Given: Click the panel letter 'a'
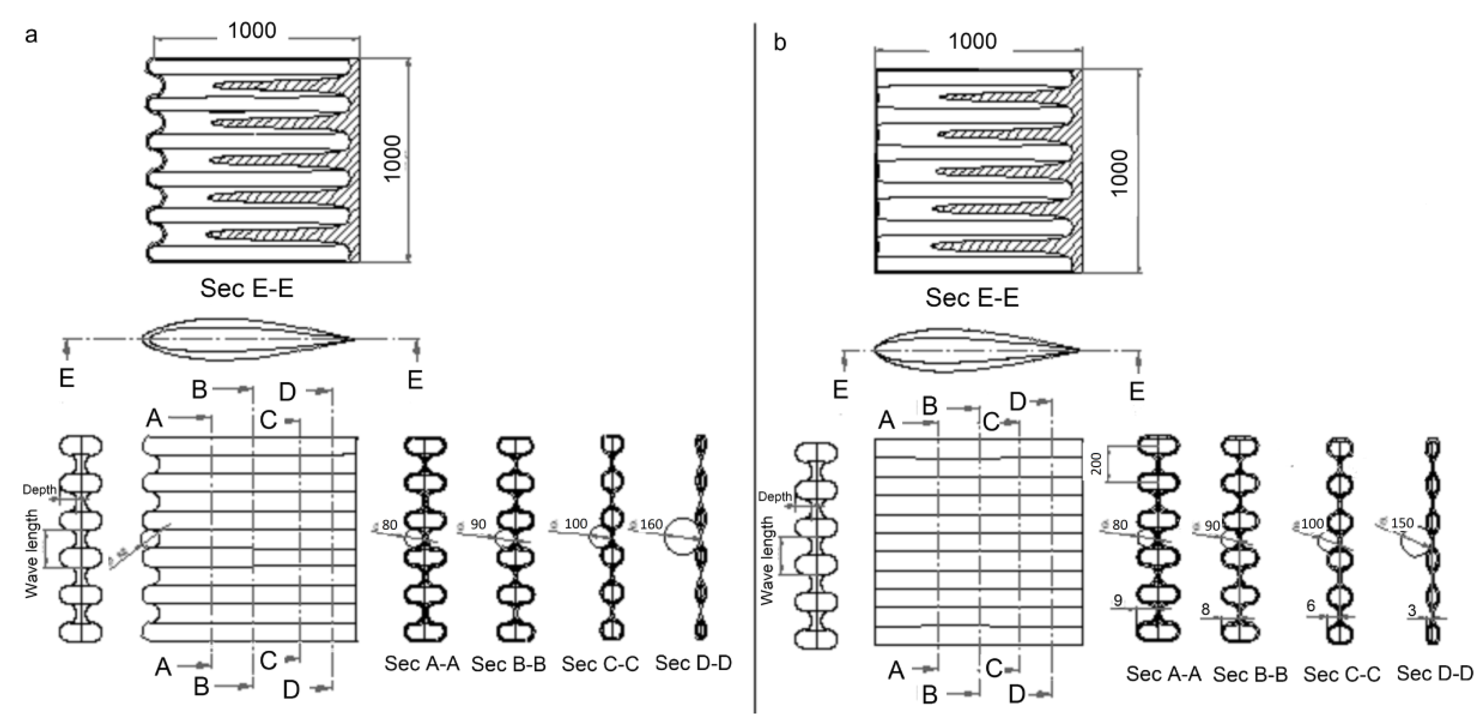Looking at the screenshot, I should (x=31, y=36).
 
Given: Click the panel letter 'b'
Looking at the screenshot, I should (x=780, y=43).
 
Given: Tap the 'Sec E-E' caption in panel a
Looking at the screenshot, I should (x=247, y=288).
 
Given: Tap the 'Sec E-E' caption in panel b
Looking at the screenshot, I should (x=972, y=298).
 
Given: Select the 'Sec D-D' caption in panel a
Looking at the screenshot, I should (x=693, y=663).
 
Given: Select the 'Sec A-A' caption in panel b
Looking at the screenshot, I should (x=1163, y=674).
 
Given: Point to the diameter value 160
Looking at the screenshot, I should (x=651, y=524).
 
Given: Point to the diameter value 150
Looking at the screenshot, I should (x=1402, y=523).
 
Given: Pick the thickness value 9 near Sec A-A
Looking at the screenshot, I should (x=1118, y=601).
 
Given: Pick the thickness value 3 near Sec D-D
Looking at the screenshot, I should (x=1412, y=611).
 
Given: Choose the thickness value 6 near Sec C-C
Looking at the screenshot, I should (x=1311, y=606).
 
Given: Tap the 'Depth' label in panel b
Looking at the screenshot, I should (x=775, y=497).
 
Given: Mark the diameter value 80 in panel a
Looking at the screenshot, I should (x=389, y=524).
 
